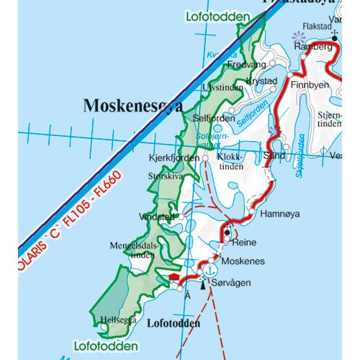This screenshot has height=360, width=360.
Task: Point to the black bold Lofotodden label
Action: coord(174,324)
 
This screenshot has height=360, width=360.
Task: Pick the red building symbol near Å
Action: coord(174,276)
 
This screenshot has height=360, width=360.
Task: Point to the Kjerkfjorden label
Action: coord(172,156)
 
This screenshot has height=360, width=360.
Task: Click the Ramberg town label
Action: coord(314,46)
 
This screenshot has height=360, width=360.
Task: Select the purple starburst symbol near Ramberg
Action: coord(296,35)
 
